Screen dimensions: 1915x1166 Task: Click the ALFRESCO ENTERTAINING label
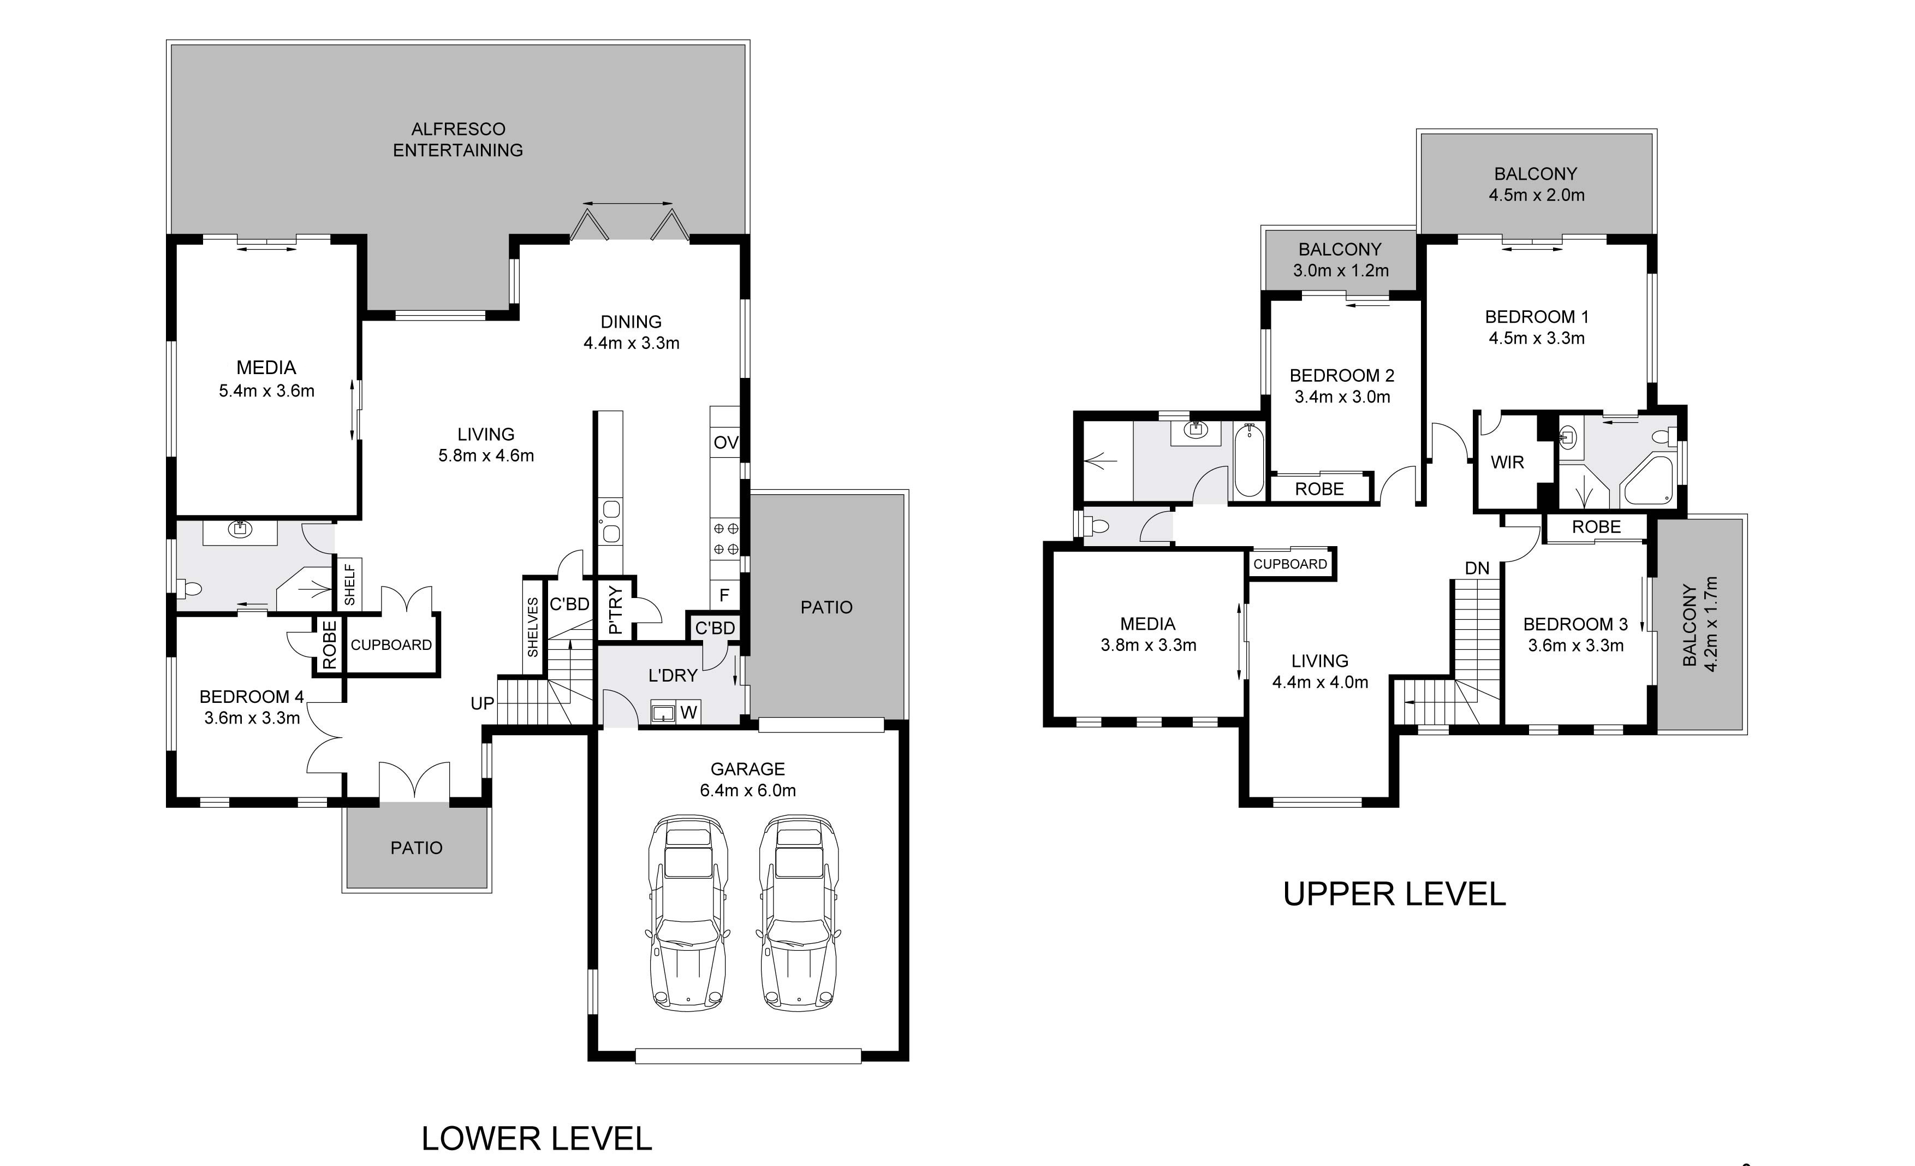[458, 140]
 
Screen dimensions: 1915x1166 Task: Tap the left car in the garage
[688, 913]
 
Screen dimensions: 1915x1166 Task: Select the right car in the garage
[799, 913]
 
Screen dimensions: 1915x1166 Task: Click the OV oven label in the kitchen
[725, 443]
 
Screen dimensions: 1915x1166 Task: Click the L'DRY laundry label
[673, 676]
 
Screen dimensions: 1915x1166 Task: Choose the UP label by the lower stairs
[482, 703]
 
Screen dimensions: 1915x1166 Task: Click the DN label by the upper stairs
[1477, 568]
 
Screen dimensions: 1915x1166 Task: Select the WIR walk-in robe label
[1507, 463]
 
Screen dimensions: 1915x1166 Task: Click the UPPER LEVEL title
[1394, 895]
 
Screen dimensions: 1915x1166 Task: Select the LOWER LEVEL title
[536, 1139]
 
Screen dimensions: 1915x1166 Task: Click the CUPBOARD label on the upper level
[1290, 564]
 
